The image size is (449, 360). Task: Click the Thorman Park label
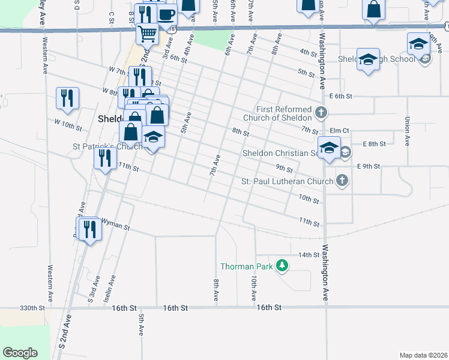coord(246,266)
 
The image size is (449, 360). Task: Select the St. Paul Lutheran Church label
coord(287,181)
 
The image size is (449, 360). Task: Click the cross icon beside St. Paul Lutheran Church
coord(342,181)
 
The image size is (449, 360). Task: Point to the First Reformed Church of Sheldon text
coord(283,113)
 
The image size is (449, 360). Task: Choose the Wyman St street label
coord(115,227)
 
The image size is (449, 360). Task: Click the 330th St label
coord(32,308)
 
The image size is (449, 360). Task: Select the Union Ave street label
coord(407,131)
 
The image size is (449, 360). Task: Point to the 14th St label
coord(309,255)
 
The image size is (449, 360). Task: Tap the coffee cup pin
coord(166,14)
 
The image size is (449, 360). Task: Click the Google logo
coord(20,353)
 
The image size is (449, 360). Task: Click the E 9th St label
coord(368,166)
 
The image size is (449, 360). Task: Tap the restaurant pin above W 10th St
coord(68,98)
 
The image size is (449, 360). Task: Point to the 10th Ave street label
coord(255,289)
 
